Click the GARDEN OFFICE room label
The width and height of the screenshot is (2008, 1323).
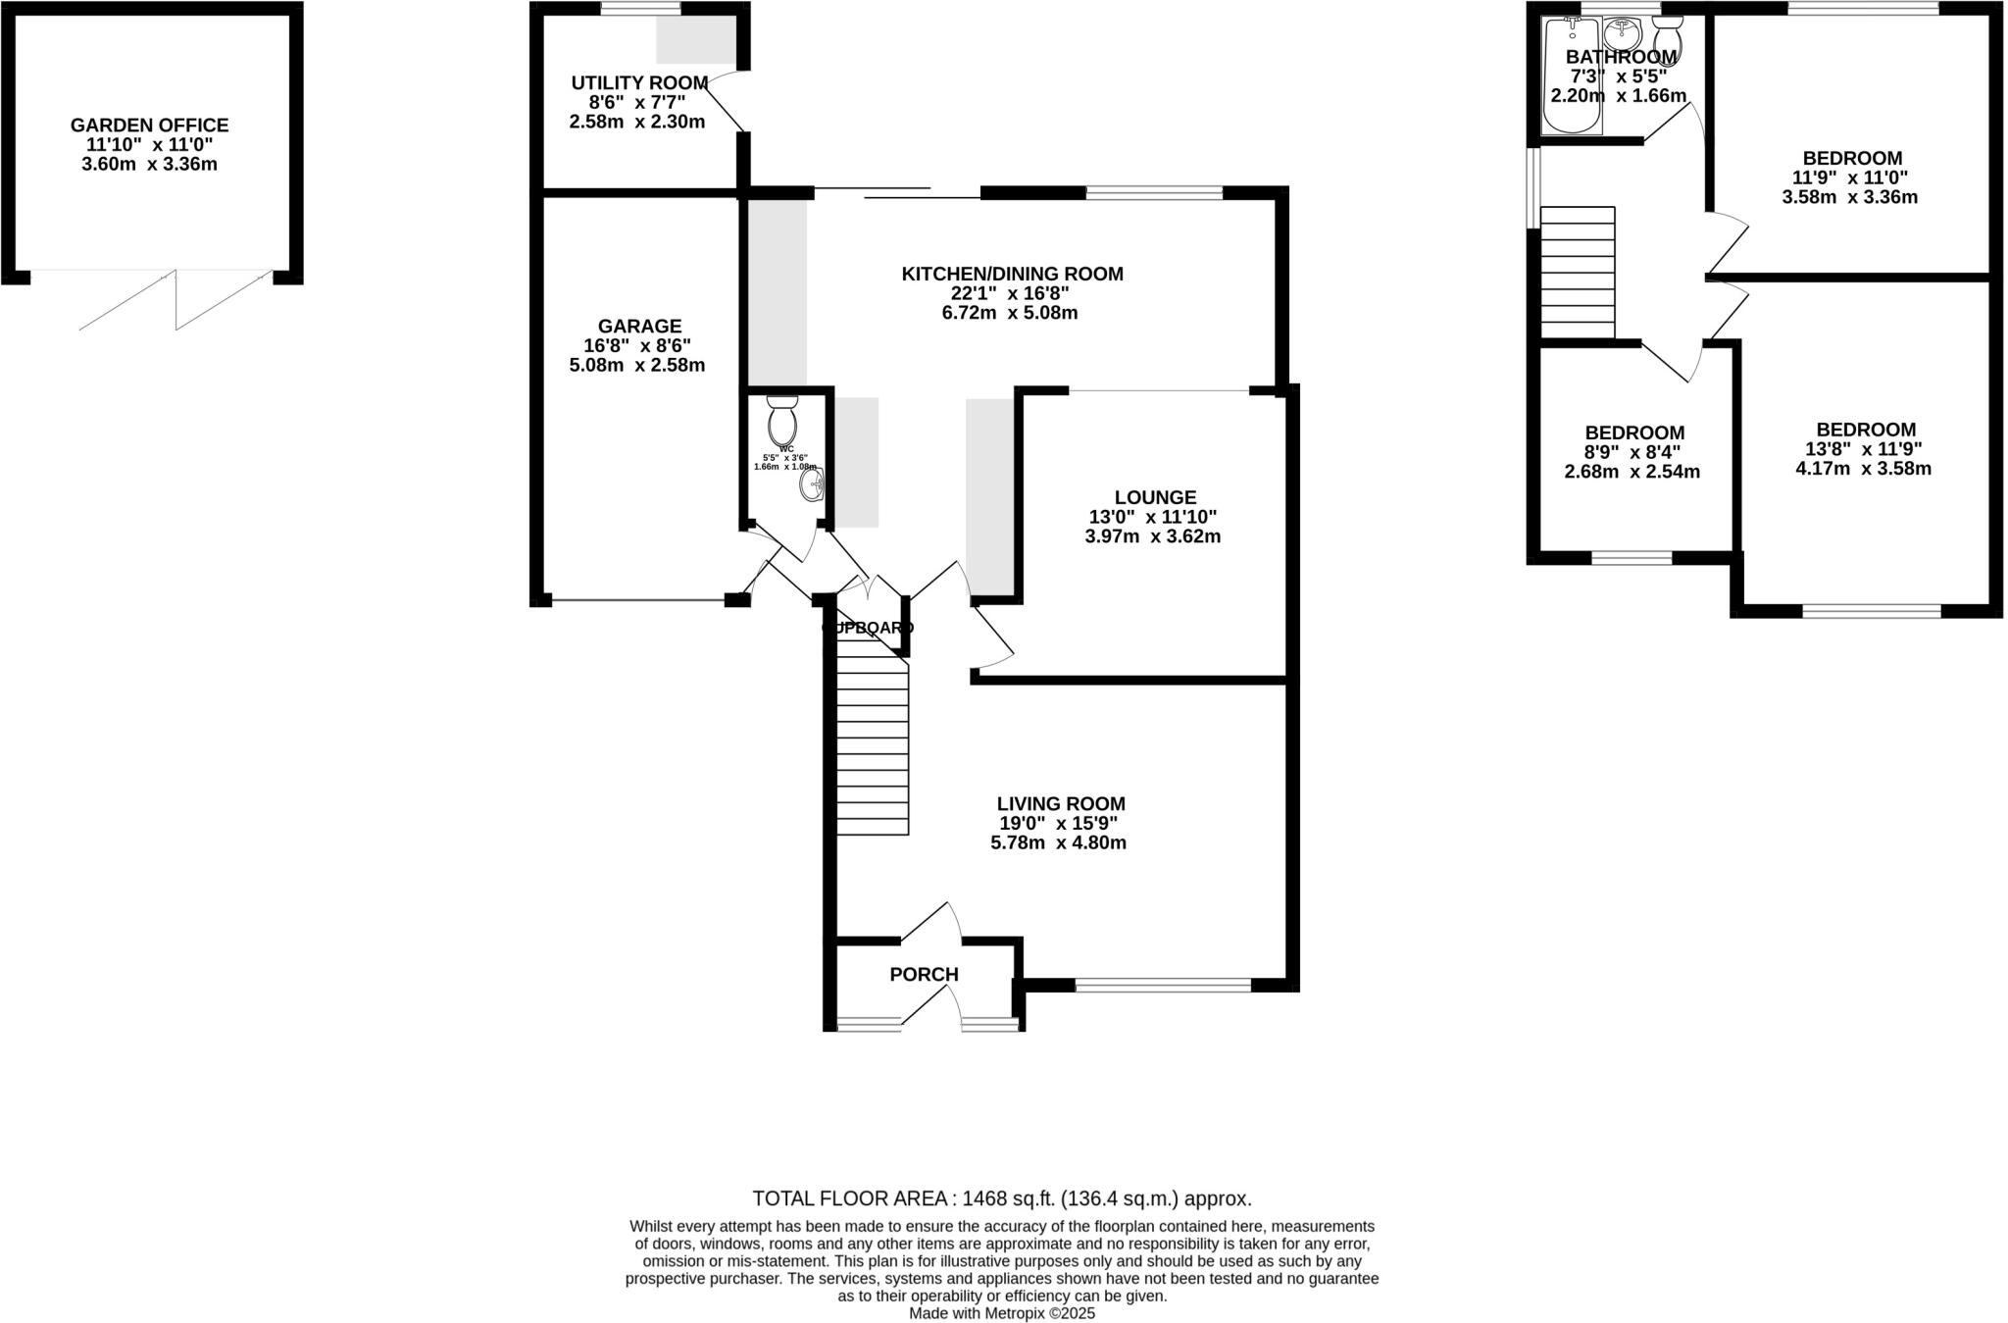[149, 126]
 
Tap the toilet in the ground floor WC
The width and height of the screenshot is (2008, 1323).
[782, 422]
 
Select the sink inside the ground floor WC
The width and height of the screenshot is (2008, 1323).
[813, 485]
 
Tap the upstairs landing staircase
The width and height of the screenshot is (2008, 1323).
[1578, 272]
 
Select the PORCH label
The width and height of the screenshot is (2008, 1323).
[924, 975]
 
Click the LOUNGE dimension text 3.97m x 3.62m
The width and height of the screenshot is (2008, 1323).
[1152, 536]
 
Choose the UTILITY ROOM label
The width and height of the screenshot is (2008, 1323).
[639, 83]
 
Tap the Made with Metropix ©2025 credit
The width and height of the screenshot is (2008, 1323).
[1002, 1313]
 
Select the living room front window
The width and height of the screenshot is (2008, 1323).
[1163, 985]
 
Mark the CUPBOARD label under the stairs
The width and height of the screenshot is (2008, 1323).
[868, 628]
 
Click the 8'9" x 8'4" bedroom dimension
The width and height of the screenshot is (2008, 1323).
[1631, 452]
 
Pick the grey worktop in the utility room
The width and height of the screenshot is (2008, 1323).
[695, 40]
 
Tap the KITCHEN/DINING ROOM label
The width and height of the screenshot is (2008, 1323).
[1012, 274]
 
